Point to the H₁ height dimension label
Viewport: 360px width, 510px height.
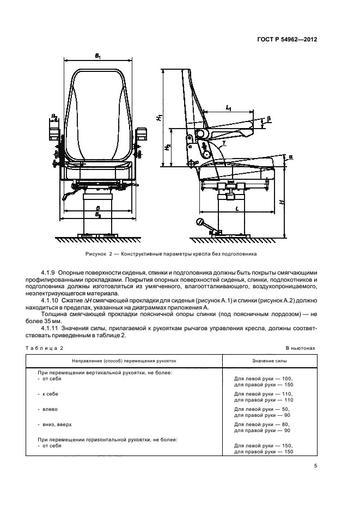(157, 117)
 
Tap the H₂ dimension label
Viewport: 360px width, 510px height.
(168, 147)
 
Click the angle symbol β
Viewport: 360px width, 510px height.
(269, 118)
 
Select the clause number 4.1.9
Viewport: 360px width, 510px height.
(49, 272)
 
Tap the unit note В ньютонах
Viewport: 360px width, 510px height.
(300, 347)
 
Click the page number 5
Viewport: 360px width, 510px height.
(315, 465)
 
